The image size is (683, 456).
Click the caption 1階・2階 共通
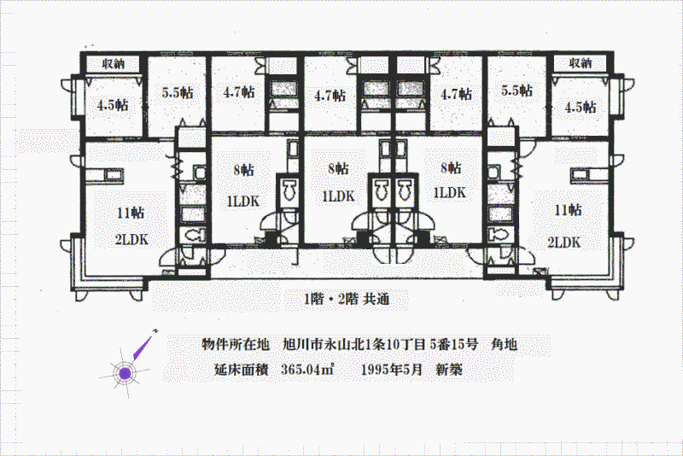pos(347,299)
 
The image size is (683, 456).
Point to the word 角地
pos(504,344)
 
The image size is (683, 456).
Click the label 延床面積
pos(241,370)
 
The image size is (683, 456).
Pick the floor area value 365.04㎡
pos(307,370)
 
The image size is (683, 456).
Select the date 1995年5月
pos(392,370)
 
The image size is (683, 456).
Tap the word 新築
pos(449,370)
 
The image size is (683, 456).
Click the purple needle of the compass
pos(143,347)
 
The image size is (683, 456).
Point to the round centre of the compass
pos(125,373)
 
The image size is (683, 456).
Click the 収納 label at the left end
pos(114,64)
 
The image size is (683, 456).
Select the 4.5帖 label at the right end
pos(581,107)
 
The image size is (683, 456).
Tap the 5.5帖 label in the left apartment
pos(178,92)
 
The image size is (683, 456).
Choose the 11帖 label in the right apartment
pos(568,210)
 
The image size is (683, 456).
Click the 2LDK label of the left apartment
pos(131,240)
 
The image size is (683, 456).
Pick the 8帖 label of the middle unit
pos(338,168)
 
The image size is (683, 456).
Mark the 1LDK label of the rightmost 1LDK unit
pos(450,192)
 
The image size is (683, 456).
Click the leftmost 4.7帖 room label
pos(239,92)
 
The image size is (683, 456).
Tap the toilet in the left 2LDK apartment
pos(195,236)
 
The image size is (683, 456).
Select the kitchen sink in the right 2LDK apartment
pos(581,176)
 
